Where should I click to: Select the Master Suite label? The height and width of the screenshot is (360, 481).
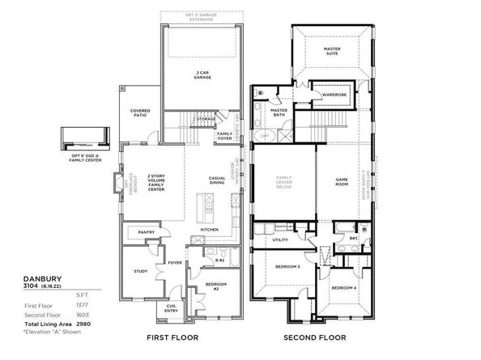click(x=332, y=51)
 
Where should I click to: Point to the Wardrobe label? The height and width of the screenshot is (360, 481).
click(x=334, y=95)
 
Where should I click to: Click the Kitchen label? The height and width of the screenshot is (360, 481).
click(x=209, y=229)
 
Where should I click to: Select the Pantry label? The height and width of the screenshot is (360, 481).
click(x=147, y=232)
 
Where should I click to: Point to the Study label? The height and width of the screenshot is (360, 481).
click(x=141, y=271)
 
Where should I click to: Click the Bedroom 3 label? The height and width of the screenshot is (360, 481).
click(x=287, y=266)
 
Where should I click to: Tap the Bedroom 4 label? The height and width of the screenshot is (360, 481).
click(x=343, y=288)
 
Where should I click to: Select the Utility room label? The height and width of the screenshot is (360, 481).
click(x=280, y=239)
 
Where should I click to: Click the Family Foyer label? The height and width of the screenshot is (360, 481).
click(x=224, y=135)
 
